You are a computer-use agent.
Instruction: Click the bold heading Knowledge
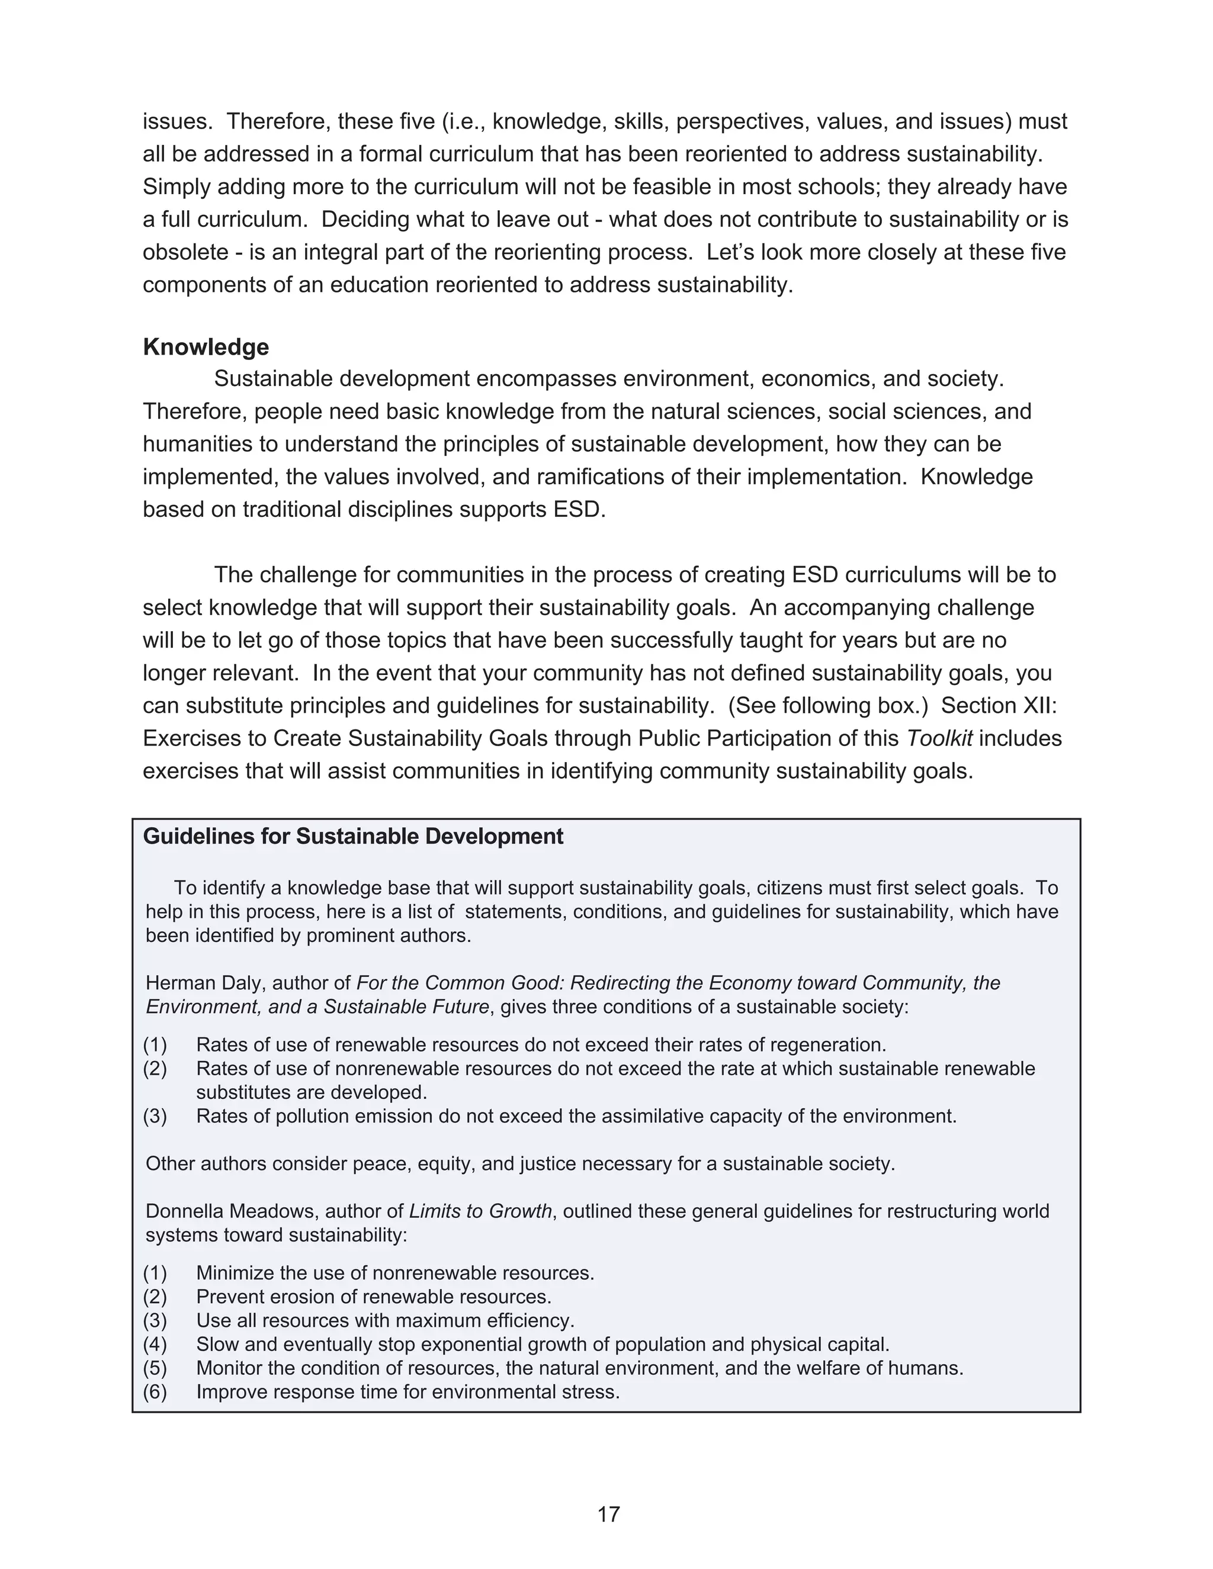(206, 347)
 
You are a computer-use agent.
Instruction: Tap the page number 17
(608, 1514)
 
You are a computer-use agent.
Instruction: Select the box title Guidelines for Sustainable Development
(353, 836)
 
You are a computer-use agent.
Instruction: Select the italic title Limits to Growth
(480, 1211)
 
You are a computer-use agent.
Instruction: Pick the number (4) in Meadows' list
(155, 1344)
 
